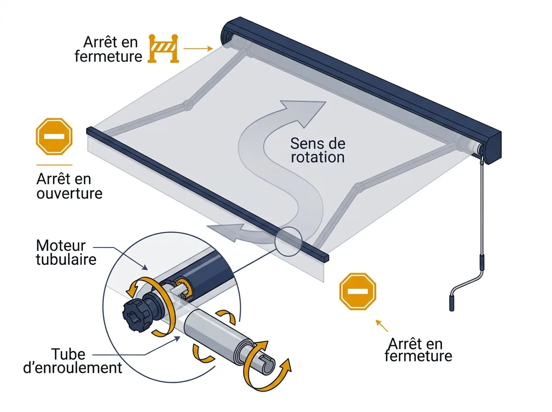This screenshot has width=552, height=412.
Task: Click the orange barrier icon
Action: pos(163,49)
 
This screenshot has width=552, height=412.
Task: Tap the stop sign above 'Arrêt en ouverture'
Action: pos(54,136)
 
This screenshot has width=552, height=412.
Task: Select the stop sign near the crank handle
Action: pos(357,292)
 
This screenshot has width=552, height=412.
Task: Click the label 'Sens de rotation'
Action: pos(317,150)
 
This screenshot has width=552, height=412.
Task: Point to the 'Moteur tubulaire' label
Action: pos(66,252)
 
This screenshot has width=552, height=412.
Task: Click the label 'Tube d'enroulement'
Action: pos(72,361)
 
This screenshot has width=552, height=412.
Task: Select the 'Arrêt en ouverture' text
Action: pos(69,186)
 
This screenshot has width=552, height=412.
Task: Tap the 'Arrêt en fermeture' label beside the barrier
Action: pos(109,49)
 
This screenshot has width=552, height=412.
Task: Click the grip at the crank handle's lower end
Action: pos(452,303)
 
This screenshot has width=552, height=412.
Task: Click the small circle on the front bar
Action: pos(288,241)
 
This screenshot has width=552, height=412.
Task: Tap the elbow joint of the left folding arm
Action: pos(187,105)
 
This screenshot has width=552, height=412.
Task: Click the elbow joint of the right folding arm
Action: pos(359,188)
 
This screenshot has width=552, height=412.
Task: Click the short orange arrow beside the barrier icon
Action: pos(198,49)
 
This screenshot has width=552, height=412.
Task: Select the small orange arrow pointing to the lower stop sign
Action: pos(381,326)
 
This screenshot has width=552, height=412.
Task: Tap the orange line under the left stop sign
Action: pos(54,165)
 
